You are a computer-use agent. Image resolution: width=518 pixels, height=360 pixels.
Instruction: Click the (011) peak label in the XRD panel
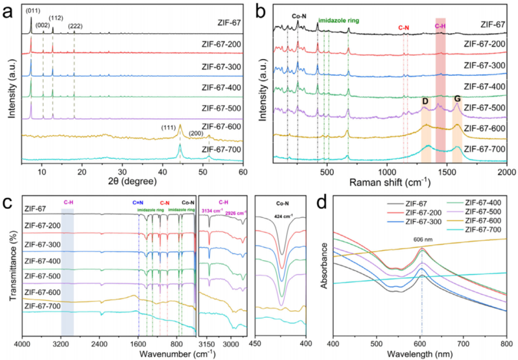click(x=32, y=10)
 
